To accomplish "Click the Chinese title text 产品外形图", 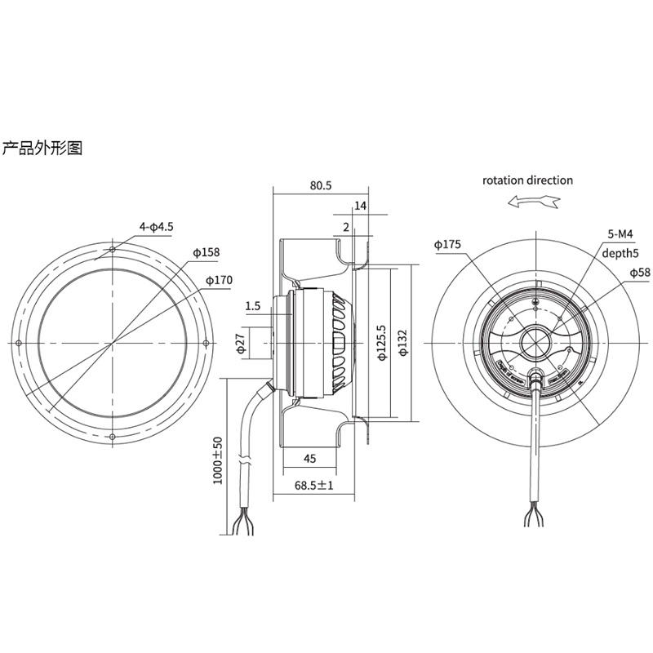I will pyautogui.click(x=43, y=149).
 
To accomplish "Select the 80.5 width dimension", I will pyautogui.click(x=320, y=185).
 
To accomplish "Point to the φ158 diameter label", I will pyautogui.click(x=207, y=252).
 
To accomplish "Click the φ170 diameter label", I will pyautogui.click(x=219, y=281).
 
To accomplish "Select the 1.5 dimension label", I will pyautogui.click(x=252, y=306).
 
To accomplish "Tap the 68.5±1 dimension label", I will pyautogui.click(x=314, y=486).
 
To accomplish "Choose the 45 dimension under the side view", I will pyautogui.click(x=310, y=458).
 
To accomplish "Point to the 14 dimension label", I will pyautogui.click(x=361, y=206).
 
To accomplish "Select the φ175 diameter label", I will pyautogui.click(x=447, y=244).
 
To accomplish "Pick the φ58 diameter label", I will pyautogui.click(x=640, y=272).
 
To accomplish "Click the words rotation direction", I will pyautogui.click(x=527, y=180).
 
